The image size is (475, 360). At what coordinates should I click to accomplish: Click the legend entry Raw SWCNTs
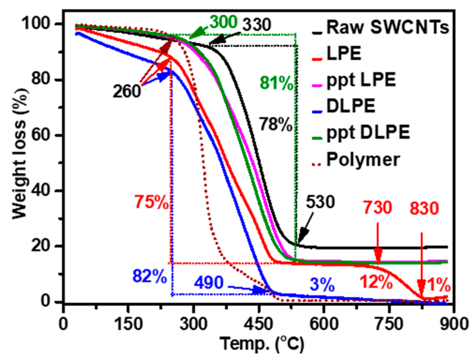click(x=387, y=27)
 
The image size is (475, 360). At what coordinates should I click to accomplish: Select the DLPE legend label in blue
click(x=351, y=106)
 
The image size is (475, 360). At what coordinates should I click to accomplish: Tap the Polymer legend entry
click(x=363, y=160)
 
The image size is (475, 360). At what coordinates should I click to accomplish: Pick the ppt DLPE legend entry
click(x=368, y=133)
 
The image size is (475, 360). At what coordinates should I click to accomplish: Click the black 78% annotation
click(x=276, y=124)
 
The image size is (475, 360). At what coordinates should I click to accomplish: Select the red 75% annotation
click(x=151, y=202)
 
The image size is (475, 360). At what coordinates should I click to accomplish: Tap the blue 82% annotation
click(x=150, y=276)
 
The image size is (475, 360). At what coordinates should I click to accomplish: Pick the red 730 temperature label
click(x=377, y=208)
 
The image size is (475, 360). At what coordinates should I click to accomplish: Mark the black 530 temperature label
click(x=320, y=202)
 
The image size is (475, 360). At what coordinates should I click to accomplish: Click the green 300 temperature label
click(x=223, y=22)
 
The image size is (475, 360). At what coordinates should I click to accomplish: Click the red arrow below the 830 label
click(x=422, y=264)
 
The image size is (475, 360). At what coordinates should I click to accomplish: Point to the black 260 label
click(x=127, y=91)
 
